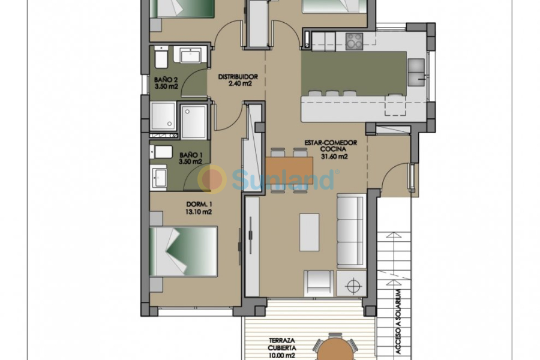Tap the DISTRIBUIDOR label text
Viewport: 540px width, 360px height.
(x=238, y=80)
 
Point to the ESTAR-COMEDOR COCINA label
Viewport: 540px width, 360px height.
(x=331, y=149)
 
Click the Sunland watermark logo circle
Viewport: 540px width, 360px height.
(x=212, y=179)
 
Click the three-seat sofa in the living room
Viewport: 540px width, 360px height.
(x=350, y=231)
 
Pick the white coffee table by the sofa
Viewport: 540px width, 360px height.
(x=310, y=233)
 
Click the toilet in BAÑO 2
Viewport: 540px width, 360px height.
(x=161, y=59)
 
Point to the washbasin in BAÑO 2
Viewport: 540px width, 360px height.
(x=191, y=56)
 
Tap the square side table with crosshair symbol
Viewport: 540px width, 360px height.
(x=351, y=283)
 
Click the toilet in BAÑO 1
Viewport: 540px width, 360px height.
(x=161, y=151)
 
